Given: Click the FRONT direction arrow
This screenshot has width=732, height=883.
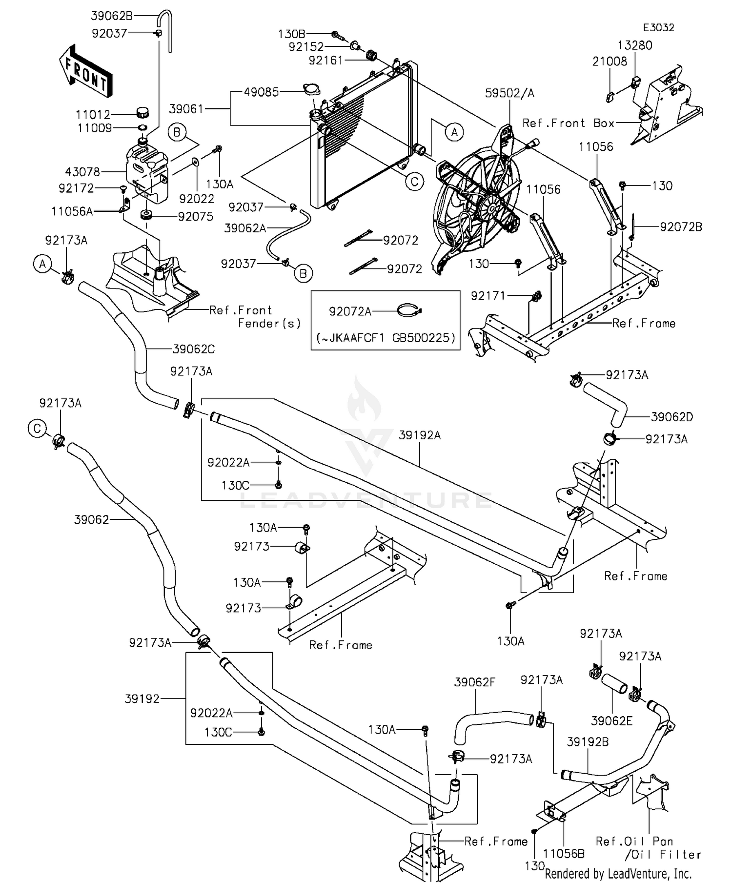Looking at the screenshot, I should [x=86, y=70].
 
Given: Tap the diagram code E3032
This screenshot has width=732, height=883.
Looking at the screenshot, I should [x=658, y=28].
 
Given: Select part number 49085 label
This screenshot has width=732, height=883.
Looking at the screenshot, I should [x=262, y=92].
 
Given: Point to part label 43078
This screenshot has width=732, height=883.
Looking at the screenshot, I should [x=82, y=172].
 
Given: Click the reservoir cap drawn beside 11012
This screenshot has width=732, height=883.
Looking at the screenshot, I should [x=142, y=113].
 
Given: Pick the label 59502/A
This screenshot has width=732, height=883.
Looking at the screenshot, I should [x=509, y=93].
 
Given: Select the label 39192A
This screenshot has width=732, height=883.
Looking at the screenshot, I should [x=420, y=435].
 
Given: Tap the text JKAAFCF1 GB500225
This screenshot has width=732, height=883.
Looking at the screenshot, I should [x=386, y=338].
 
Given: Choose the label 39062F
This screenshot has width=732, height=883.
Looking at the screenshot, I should [x=474, y=682].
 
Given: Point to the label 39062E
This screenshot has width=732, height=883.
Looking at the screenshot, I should [x=611, y=720].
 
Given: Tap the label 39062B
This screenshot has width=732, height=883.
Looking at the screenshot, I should [x=112, y=16].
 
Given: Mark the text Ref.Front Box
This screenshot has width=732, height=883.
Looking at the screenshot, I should [x=568, y=123].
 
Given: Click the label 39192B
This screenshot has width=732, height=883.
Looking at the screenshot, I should [x=588, y=742].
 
